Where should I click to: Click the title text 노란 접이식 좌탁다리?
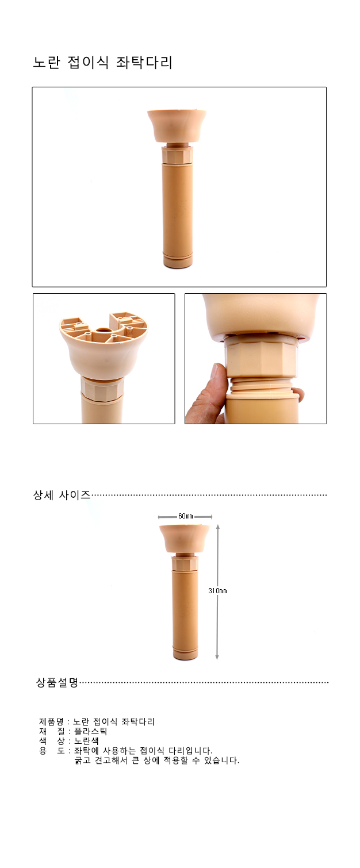[103, 62]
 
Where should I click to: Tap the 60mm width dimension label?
[185, 516]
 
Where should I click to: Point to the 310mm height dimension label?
[217, 590]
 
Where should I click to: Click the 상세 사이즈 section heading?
[62, 495]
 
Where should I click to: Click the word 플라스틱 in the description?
[91, 731]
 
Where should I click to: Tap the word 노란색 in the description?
[86, 741]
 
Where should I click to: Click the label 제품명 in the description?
[51, 721]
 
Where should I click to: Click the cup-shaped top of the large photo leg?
[177, 125]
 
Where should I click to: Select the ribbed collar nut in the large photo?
[177, 155]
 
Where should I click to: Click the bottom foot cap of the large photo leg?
[178, 261]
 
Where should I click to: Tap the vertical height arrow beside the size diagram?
[217, 592]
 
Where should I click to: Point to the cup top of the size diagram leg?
[185, 539]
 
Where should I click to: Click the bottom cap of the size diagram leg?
[185, 654]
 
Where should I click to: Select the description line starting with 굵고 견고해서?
[156, 761]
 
